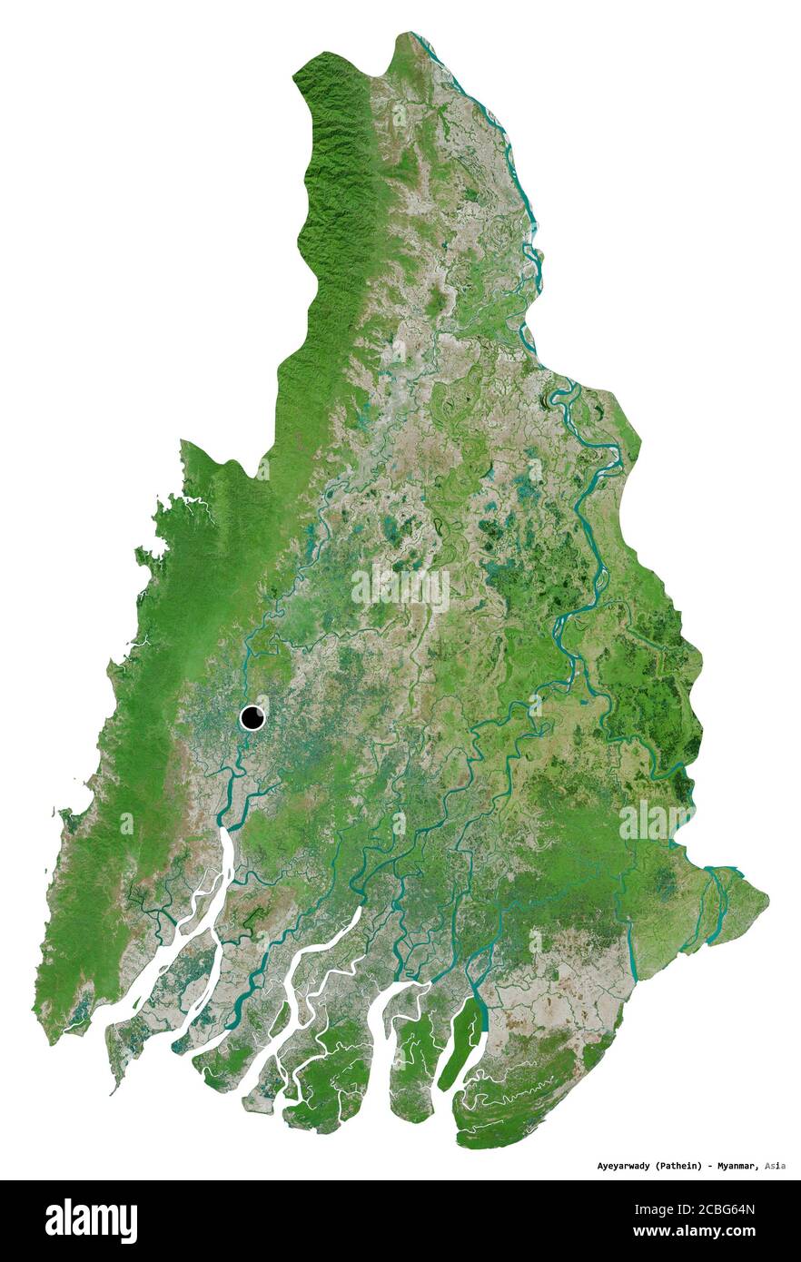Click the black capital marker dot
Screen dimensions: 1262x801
[x=252, y=718]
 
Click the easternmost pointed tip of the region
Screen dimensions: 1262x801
[x=768, y=900]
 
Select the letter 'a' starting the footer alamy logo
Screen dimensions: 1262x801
[x=54, y=1221]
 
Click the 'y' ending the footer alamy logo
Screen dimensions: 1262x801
[x=130, y=1225]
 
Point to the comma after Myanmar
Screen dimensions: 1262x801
[x=758, y=1168]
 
